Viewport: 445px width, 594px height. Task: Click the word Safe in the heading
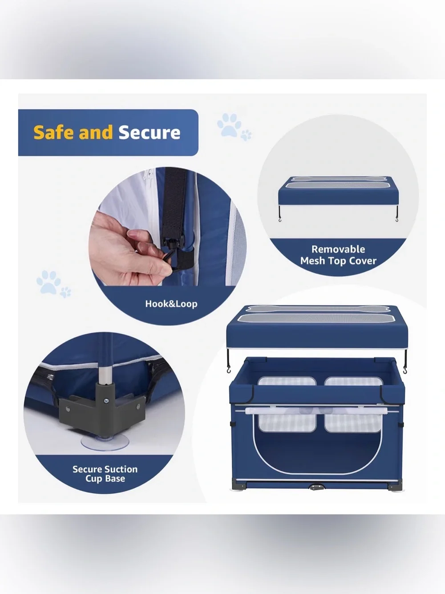[x=53, y=132]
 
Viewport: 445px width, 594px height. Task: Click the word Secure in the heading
[x=150, y=132]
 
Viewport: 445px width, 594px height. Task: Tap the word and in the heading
[x=96, y=132]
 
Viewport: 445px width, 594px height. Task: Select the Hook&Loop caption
[x=171, y=304]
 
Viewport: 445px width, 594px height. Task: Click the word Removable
[x=338, y=249]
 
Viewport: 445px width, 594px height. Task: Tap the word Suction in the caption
[x=121, y=469]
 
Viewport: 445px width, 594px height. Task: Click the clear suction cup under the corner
[x=105, y=442]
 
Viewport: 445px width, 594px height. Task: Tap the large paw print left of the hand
[x=49, y=282]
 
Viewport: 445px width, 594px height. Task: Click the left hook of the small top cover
[x=279, y=214]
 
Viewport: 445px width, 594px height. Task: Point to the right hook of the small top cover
[x=396, y=214]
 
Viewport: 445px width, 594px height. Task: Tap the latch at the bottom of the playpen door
[x=316, y=487]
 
